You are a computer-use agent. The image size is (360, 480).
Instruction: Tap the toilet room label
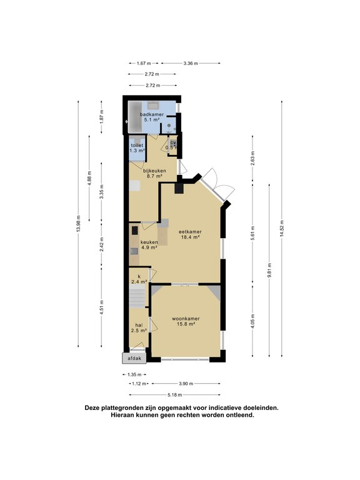click(x=137, y=145)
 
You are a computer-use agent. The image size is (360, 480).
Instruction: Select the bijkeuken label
click(x=153, y=170)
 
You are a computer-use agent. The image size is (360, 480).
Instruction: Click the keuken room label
click(x=149, y=241)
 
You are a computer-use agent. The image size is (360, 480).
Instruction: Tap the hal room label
click(x=138, y=325)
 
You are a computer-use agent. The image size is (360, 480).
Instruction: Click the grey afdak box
click(x=134, y=359)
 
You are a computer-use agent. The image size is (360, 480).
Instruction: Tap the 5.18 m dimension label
click(x=174, y=395)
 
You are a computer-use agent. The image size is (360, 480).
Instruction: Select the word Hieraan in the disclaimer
click(x=125, y=415)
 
